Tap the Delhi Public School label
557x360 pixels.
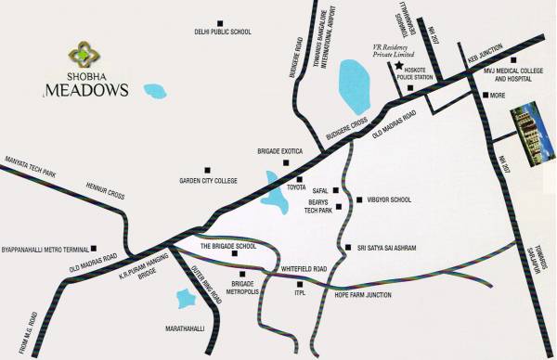pos(223,32)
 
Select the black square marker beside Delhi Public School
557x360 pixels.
pos(221,21)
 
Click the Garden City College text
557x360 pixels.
pos(209,181)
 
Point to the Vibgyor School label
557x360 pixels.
pos(388,199)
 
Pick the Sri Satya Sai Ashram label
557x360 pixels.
pos(384,248)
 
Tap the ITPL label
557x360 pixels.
pos(300,293)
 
